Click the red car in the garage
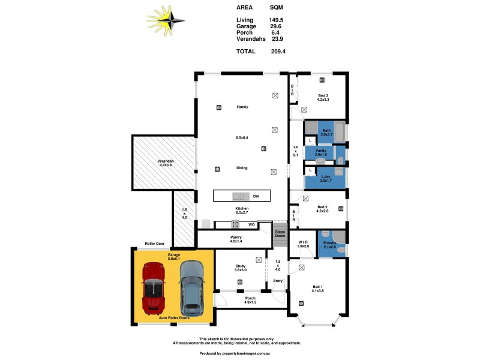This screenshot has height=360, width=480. coord(153,286)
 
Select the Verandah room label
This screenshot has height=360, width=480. coord(166,161)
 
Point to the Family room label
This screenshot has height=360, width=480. coord(242,107)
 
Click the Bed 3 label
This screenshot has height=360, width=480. coord(323,96)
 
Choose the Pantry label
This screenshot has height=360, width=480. coord(235,237)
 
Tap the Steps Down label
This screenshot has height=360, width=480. coord(280,233)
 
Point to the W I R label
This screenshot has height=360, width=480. coord(303,242)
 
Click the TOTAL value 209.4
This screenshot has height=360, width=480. coord(278,52)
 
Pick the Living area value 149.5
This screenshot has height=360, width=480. coord(276,20)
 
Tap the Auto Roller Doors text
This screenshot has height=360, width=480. coord(174,317)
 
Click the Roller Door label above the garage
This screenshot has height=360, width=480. coord(154,244)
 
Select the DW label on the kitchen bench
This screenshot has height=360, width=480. coord(256,196)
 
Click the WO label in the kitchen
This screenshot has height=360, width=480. coord(253,224)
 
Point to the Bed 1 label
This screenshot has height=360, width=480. coord(317,287)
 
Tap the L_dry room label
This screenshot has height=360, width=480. coord(326,176)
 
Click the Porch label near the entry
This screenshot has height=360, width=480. coord(250,298)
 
